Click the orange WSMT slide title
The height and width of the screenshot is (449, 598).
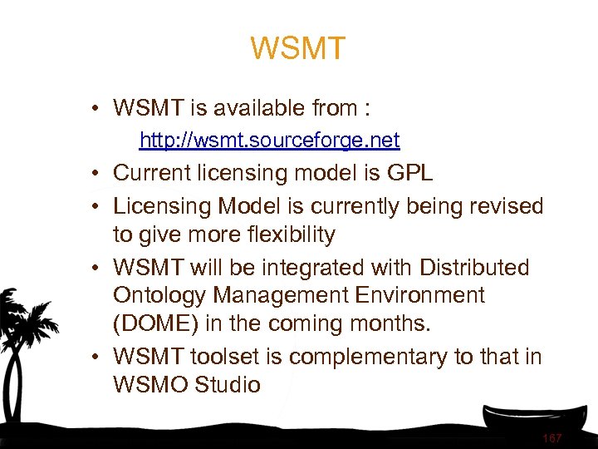pyautogui.click(x=297, y=49)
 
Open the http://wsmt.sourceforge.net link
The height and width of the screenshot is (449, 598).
pyautogui.click(x=269, y=140)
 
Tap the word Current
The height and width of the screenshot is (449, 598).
pyautogui.click(x=152, y=173)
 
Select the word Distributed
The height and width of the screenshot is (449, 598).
pyautogui.click(x=474, y=268)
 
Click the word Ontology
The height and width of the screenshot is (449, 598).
pyautogui.click(x=158, y=296)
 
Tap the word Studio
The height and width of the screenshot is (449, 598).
pyautogui.click(x=230, y=385)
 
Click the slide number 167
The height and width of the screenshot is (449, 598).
pyautogui.click(x=551, y=437)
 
